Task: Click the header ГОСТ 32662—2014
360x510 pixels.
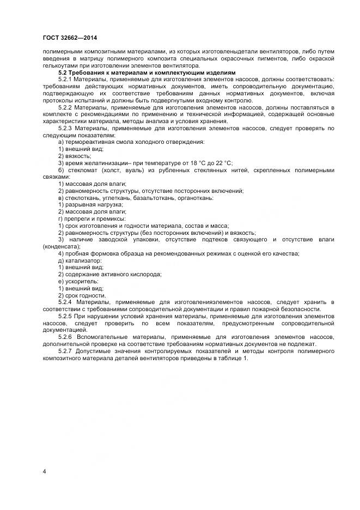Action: coord(67,38)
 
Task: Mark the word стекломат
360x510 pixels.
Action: coord(80,170)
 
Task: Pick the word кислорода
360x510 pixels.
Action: coord(147,275)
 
